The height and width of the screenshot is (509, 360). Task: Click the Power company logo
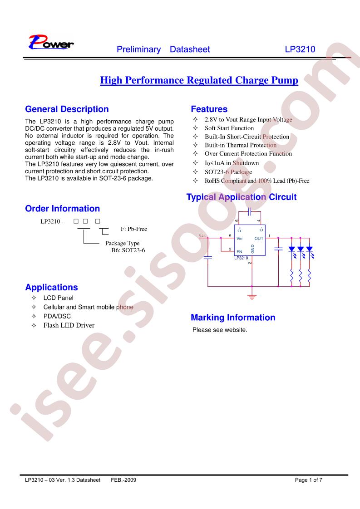(51, 42)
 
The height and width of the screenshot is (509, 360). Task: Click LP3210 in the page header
(300, 49)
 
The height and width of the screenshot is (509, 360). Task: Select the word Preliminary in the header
(139, 49)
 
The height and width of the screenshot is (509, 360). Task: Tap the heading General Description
(67, 109)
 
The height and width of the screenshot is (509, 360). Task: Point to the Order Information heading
(62, 208)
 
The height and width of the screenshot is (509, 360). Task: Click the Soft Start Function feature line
(229, 128)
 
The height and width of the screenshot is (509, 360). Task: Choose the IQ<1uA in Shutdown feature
(232, 163)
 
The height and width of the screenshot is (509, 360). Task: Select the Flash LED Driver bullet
(69, 325)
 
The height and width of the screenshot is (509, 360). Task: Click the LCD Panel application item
(59, 298)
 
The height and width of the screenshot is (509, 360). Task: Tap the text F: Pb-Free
(134, 229)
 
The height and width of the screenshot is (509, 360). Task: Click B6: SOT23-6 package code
(128, 250)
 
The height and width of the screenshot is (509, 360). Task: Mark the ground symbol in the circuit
(252, 297)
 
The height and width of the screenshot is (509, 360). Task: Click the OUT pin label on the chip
(259, 239)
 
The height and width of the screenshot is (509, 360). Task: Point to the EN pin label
(239, 252)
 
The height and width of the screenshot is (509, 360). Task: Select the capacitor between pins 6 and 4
(250, 212)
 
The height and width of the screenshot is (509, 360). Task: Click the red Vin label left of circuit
(202, 235)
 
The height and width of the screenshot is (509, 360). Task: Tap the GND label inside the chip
(252, 249)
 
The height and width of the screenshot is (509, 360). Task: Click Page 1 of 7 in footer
(308, 480)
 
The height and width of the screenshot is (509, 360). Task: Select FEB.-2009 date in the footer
(123, 480)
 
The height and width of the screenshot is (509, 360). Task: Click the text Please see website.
(220, 330)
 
